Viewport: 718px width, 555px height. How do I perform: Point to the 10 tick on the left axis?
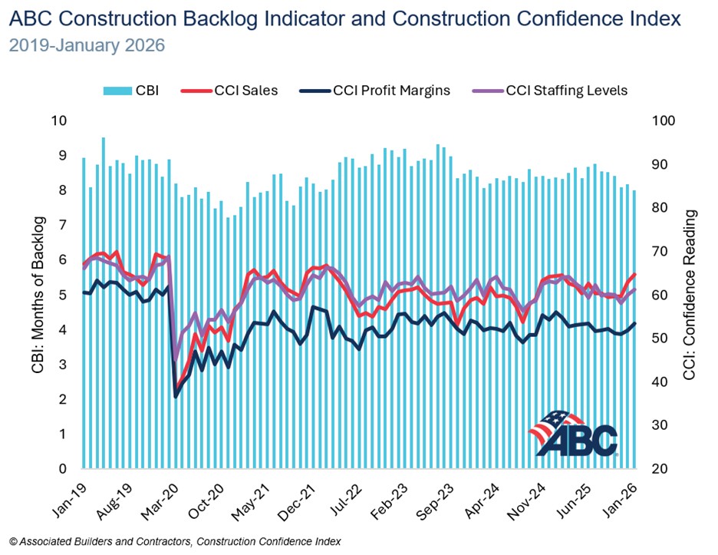click(58, 121)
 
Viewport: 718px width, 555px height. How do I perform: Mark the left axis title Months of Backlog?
click(38, 296)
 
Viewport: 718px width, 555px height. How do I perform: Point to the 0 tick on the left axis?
click(63, 469)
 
